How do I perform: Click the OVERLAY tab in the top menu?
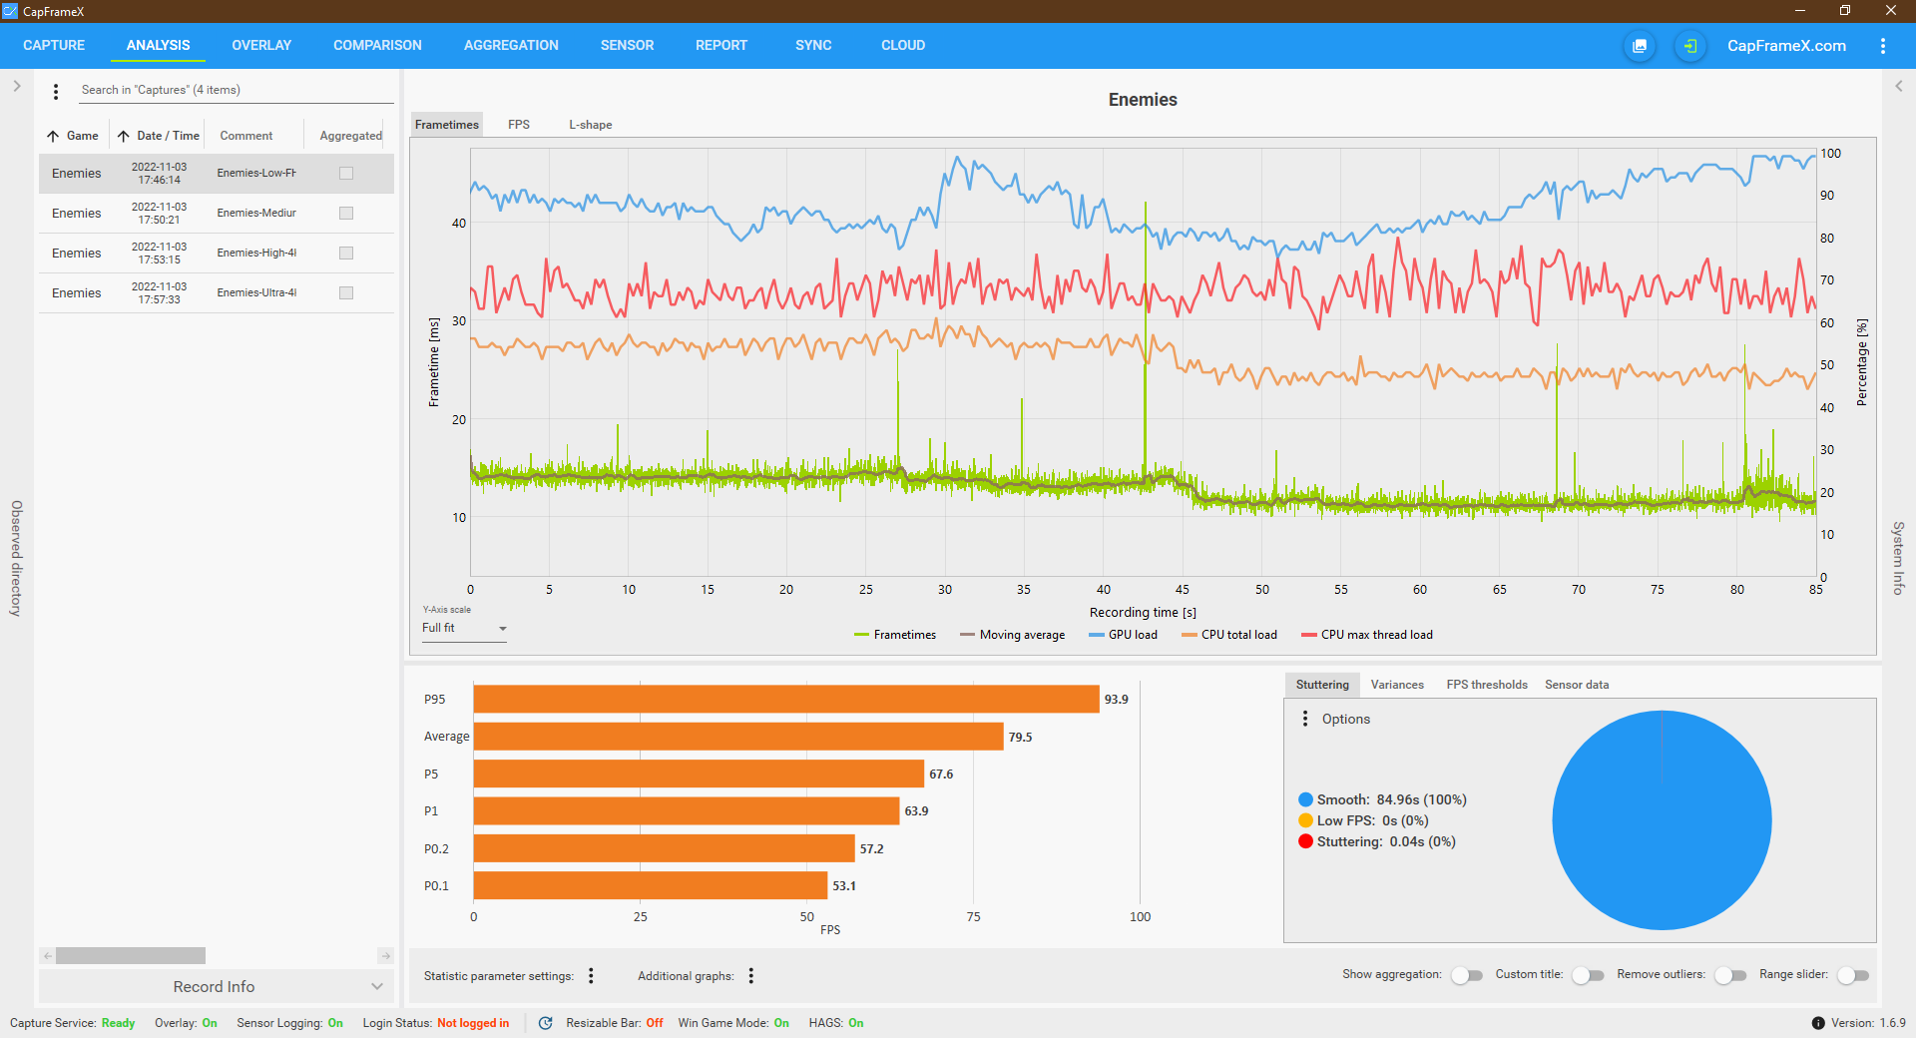point(261,45)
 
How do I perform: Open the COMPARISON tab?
point(377,45)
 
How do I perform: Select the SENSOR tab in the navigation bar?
point(627,45)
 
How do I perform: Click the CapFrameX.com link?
point(1786,46)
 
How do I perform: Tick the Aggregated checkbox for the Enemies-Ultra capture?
point(346,292)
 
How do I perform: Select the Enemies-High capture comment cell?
point(256,253)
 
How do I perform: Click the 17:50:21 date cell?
point(159,213)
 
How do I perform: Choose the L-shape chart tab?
point(590,125)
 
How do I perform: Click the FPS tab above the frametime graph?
point(518,125)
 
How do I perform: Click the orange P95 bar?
point(786,699)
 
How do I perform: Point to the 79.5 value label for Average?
point(1020,738)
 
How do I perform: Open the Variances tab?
point(1397,685)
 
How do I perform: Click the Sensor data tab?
point(1577,685)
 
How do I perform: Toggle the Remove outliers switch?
point(1730,975)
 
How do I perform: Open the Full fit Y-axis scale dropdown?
point(464,629)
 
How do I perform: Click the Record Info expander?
point(215,986)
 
